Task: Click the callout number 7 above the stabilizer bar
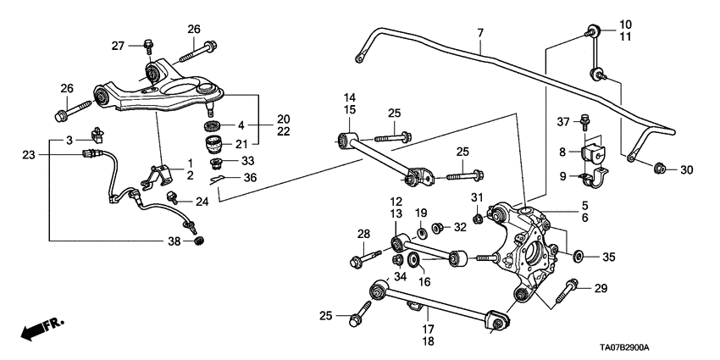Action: [480, 33]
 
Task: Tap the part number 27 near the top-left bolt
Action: [118, 46]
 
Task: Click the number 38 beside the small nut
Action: [175, 242]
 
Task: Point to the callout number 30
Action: [686, 170]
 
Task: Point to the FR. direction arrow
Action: [38, 329]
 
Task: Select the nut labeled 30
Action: [661, 169]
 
